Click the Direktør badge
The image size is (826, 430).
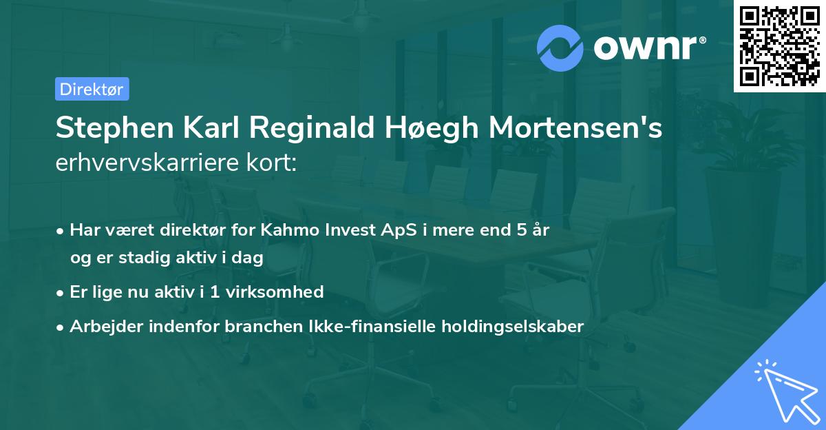92,89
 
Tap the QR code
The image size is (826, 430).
779,46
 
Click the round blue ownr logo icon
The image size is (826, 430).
561,48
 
